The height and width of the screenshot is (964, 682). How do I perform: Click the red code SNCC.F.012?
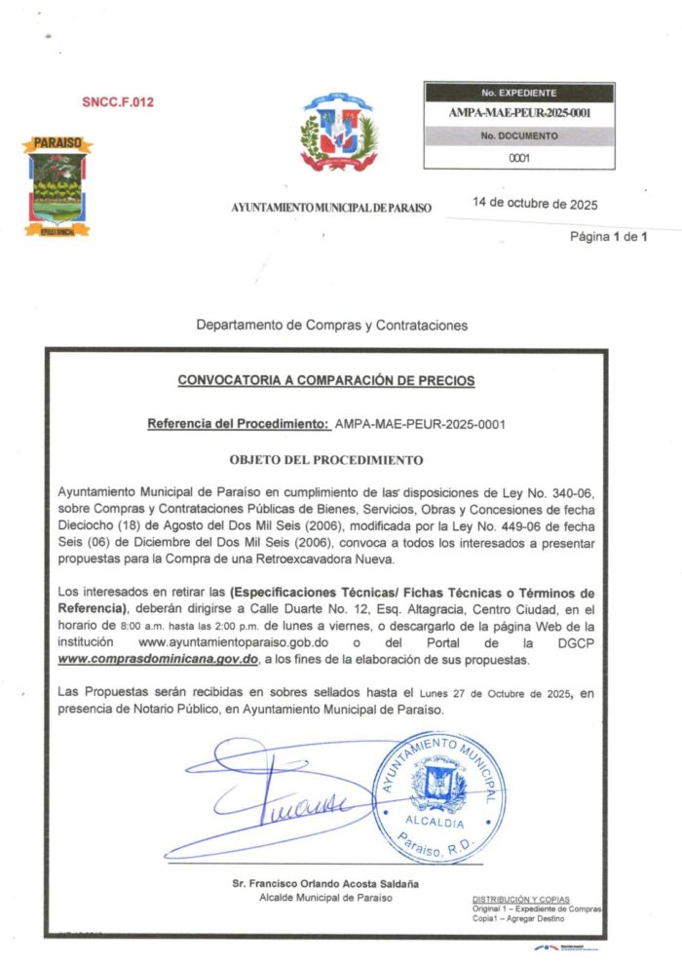click(x=118, y=101)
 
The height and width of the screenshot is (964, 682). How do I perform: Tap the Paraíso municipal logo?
click(x=57, y=185)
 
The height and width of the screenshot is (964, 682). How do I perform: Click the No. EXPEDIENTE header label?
click(x=518, y=94)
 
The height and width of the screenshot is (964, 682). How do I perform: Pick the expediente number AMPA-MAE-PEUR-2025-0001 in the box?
click(x=519, y=113)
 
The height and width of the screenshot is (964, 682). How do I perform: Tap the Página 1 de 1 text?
click(x=609, y=237)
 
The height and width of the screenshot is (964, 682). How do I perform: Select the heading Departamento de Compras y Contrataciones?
click(x=331, y=325)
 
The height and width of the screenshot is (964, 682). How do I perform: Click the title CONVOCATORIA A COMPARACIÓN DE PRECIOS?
click(x=326, y=380)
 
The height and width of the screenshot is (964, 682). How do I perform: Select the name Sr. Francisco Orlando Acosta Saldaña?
click(x=325, y=883)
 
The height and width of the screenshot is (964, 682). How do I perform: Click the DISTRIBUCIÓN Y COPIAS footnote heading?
click(x=521, y=899)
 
